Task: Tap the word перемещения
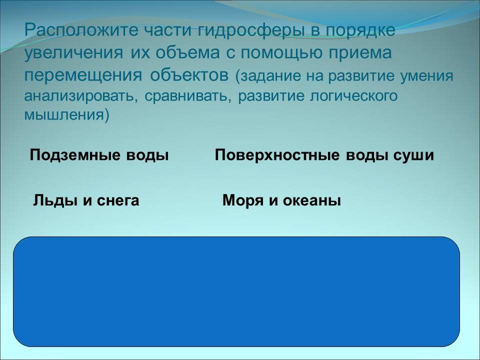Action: click(83, 76)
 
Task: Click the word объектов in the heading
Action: click(189, 75)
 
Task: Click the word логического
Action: click(354, 96)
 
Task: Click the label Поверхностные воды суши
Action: click(324, 155)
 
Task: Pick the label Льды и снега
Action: click(86, 200)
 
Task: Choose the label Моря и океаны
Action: click(281, 200)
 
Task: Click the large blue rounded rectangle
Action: click(236, 291)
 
